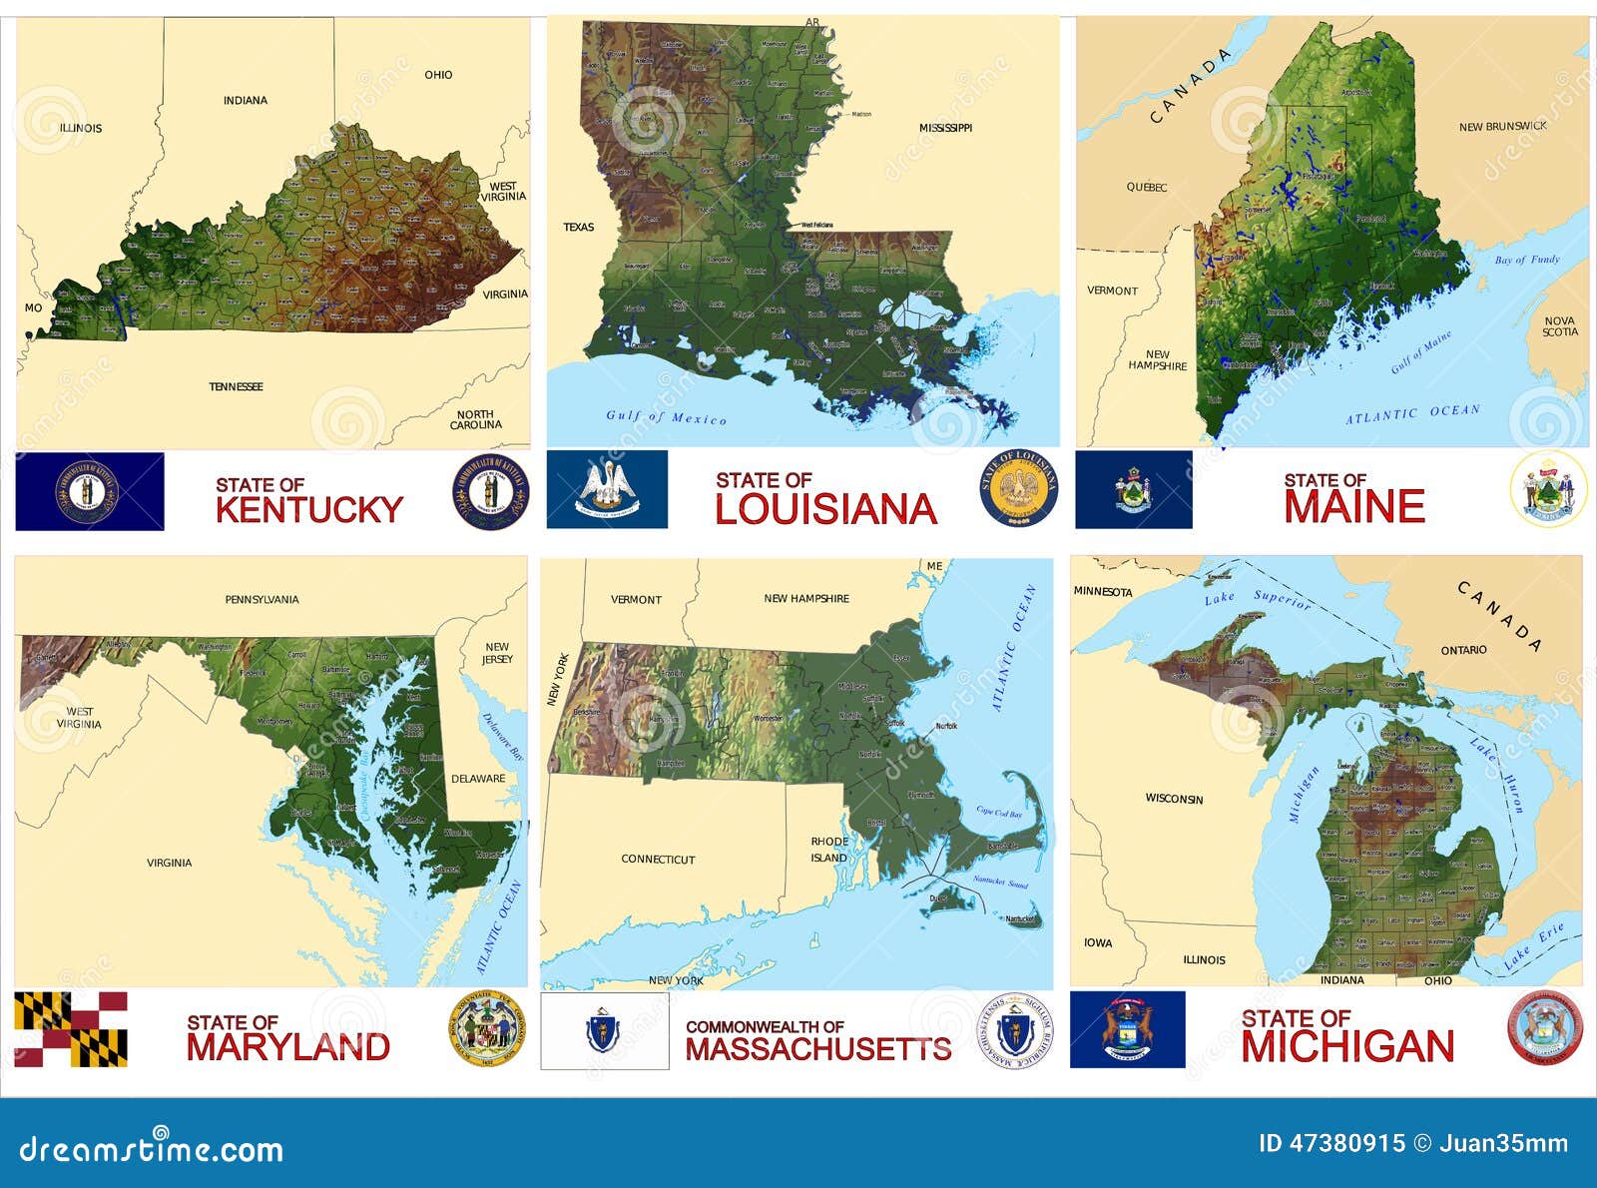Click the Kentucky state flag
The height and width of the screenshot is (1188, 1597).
pyautogui.click(x=90, y=491)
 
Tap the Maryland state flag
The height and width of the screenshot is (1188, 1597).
pyautogui.click(x=71, y=1029)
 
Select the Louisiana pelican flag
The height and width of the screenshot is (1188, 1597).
pyautogui.click(x=607, y=489)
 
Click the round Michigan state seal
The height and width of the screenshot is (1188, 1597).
pyautogui.click(x=1544, y=1028)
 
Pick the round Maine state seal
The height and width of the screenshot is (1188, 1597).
pyautogui.click(x=1548, y=488)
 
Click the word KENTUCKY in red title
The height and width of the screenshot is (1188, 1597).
pyautogui.click(x=308, y=509)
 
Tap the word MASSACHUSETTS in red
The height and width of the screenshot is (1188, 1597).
pyautogui.click(x=817, y=1049)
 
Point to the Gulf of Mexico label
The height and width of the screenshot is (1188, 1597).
pyautogui.click(x=667, y=417)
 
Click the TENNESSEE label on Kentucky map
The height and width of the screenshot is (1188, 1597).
pyautogui.click(x=237, y=386)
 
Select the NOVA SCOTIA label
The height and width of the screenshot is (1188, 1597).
pyautogui.click(x=1559, y=326)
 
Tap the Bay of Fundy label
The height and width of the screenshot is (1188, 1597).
pyautogui.click(x=1526, y=260)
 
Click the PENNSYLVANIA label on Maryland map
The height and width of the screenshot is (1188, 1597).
pyautogui.click(x=262, y=600)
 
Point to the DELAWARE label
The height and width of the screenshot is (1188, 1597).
pyautogui.click(x=478, y=779)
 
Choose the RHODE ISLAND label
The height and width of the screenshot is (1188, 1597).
pyautogui.click(x=828, y=850)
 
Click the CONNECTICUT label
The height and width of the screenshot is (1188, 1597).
pyautogui.click(x=658, y=859)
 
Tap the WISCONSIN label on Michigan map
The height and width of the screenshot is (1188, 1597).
pyautogui.click(x=1174, y=799)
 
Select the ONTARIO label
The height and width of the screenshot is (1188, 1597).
pyautogui.click(x=1463, y=650)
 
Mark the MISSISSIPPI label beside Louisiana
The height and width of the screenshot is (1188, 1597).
pyautogui.click(x=944, y=128)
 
